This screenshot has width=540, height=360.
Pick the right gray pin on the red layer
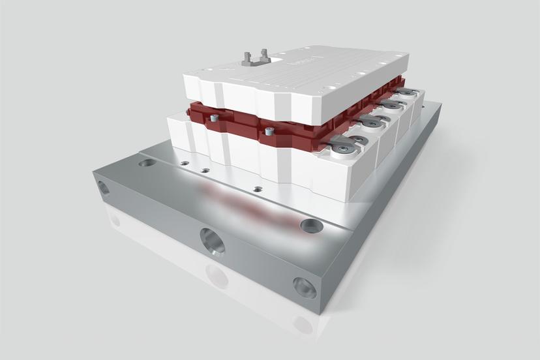click(267, 132)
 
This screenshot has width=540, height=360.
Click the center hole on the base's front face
click(213, 241)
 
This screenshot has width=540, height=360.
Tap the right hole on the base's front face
click(304, 286)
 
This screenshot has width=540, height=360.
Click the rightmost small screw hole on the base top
click(258, 189)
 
